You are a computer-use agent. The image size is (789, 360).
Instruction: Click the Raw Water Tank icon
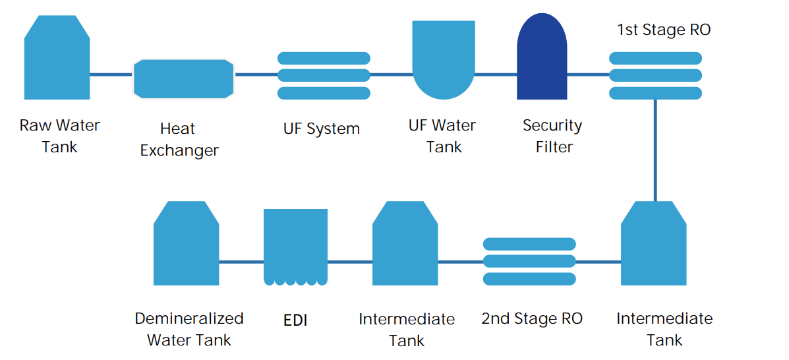click(57, 57)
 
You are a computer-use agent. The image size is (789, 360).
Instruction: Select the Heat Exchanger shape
click(184, 79)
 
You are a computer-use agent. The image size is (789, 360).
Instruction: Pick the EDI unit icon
click(296, 247)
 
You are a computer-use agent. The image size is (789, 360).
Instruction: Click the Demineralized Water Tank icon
click(186, 243)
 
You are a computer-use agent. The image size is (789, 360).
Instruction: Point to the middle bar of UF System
click(324, 76)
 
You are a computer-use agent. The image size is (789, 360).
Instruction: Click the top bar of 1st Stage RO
click(656, 58)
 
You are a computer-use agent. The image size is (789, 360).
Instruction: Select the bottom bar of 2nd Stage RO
click(529, 278)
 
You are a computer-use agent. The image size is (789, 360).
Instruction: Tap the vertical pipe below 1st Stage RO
click(655, 150)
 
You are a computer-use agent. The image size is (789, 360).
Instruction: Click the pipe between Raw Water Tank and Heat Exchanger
click(111, 75)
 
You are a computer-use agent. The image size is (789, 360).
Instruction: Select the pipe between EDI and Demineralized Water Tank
click(241, 262)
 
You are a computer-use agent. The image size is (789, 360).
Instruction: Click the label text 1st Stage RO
click(664, 30)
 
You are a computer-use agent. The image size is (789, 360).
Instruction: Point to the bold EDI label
click(295, 320)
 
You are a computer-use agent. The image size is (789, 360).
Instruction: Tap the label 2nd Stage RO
click(532, 318)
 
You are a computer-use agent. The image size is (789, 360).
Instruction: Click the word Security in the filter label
click(552, 125)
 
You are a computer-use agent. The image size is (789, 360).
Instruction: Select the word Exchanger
click(179, 150)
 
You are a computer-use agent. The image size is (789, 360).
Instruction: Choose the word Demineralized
click(189, 318)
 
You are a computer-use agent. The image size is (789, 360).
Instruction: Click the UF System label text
click(322, 129)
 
